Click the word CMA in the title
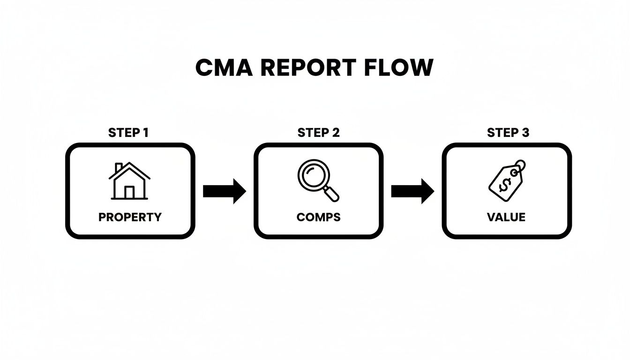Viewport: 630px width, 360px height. coord(224,68)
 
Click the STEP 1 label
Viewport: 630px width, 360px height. coord(128,133)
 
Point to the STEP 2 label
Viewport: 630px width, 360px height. coord(318,133)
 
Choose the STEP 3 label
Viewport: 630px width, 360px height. coord(508,133)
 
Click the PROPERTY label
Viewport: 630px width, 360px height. coord(130,217)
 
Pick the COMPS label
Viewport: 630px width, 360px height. coord(318,217)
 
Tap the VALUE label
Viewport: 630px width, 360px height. coord(506,217)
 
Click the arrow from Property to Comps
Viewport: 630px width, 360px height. coord(225,191)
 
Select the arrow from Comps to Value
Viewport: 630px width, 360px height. coord(412,191)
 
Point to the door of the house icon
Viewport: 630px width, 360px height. coord(129,192)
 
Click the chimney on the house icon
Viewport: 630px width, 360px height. coord(119,167)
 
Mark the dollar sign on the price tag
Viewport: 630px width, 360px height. coord(504,184)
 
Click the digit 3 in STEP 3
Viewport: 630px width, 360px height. coord(525,133)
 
